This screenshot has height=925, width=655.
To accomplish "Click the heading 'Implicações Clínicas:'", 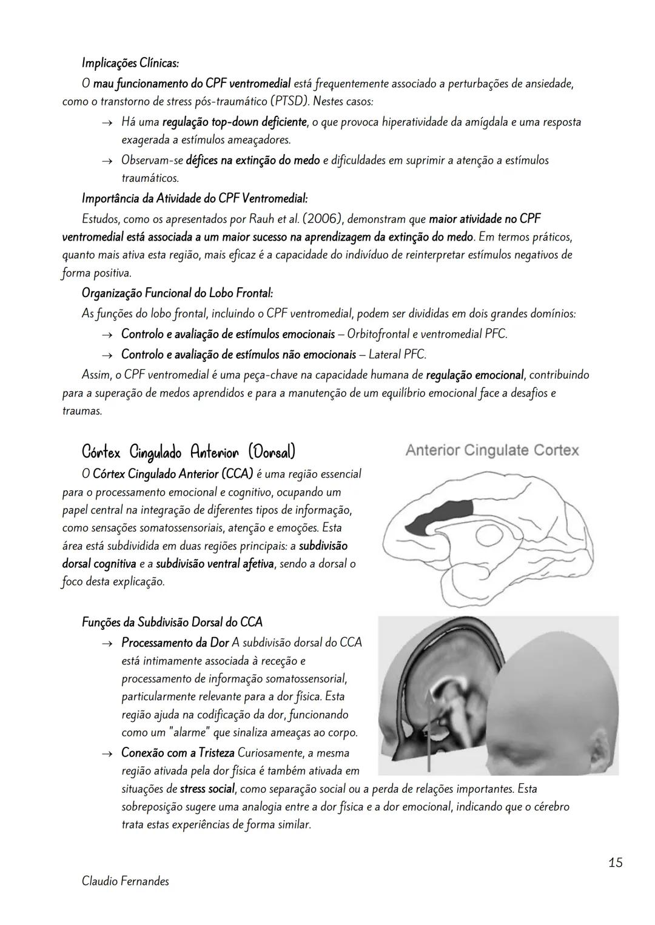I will point(130,62).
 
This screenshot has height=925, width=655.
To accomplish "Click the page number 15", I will point(615,862).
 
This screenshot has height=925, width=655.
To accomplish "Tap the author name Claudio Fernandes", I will point(125,881).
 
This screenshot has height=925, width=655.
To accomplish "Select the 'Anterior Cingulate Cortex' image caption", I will point(492,450).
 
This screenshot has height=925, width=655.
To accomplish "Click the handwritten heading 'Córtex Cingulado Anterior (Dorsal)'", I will point(188,452).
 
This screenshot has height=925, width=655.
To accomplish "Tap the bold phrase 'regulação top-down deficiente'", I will point(234,122).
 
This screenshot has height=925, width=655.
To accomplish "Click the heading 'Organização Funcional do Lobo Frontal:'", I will point(177,293).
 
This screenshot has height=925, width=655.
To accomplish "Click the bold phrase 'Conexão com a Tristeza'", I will point(178,753).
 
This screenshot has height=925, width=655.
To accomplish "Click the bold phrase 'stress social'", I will point(207,789).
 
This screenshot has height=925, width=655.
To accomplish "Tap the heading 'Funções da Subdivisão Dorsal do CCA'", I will point(172,623).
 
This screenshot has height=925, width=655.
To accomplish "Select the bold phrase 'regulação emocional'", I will point(474,375).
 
